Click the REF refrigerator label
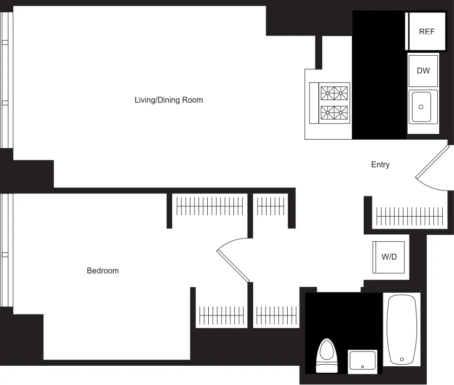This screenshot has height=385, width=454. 427,32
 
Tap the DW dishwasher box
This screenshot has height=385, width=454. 423,71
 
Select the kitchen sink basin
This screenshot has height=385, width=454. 422,107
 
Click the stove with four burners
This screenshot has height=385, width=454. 334,103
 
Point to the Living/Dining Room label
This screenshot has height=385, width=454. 169,100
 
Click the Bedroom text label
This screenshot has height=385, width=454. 103,270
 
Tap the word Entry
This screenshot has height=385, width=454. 380,165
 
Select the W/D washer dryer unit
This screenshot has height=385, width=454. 389,257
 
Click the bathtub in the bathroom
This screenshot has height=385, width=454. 402,329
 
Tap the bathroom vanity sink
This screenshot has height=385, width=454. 363,361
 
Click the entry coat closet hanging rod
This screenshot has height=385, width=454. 407,216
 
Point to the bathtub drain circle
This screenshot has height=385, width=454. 402,359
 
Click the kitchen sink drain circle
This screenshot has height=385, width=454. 421,107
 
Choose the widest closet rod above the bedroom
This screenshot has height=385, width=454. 210,206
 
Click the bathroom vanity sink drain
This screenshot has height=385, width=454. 363,367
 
